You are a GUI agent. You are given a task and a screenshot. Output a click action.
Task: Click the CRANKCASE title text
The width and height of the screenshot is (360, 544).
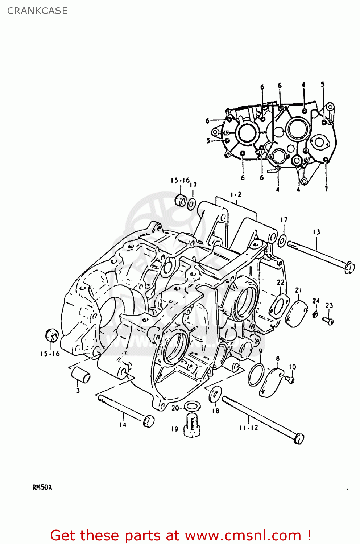[37, 11]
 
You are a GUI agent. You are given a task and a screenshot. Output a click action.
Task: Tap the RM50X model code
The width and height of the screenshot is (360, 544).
[42, 487]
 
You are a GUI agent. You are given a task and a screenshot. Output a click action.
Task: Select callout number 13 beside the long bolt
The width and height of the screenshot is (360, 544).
[316, 232]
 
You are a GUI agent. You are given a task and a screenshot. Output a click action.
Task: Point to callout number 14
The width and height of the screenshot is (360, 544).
[123, 424]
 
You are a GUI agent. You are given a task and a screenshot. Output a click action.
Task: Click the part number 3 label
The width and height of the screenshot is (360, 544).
[78, 391]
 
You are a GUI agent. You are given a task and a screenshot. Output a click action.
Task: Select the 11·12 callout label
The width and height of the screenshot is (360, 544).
[248, 428]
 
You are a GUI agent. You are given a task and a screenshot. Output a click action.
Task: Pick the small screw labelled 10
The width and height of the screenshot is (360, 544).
[290, 379]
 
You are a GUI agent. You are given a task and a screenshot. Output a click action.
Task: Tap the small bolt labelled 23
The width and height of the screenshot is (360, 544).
[328, 320]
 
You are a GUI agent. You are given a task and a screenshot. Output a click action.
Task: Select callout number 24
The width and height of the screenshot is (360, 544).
[316, 301]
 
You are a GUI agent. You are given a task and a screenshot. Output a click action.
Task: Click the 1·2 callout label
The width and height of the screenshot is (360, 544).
[236, 195]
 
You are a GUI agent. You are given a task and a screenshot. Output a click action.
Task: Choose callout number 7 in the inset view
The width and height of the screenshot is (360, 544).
[326, 189]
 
